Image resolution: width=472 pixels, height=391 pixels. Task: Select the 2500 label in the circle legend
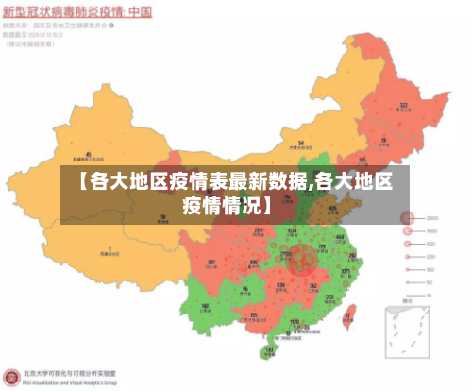431,217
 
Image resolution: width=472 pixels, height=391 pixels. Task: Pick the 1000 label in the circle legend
430,230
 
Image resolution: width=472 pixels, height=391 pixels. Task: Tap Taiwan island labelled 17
351,313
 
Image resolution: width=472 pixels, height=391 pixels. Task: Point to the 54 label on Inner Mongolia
301,144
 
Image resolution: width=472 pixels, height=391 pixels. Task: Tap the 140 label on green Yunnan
206,306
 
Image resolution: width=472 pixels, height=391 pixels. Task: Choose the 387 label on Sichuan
211,263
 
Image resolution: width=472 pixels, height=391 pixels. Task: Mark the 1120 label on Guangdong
295,321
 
